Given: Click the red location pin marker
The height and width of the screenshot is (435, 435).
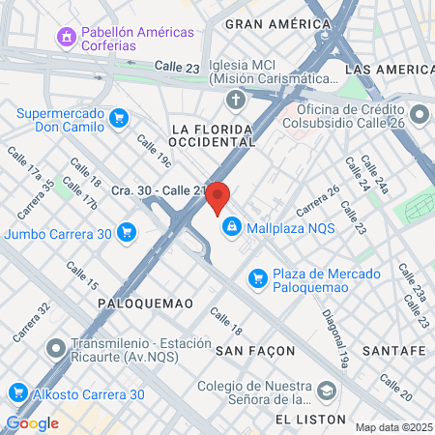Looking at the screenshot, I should [217, 198].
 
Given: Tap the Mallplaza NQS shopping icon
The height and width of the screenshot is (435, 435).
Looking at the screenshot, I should [231, 227].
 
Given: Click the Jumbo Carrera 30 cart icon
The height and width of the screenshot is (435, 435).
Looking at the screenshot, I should [126, 232].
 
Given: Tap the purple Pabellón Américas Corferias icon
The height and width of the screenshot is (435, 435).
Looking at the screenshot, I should [67, 38].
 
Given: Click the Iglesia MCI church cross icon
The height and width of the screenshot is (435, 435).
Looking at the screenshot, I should [235, 100].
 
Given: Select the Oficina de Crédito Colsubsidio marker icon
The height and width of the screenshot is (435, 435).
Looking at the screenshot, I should [419, 116].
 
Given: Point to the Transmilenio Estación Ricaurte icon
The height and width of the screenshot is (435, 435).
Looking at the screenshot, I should [56, 346].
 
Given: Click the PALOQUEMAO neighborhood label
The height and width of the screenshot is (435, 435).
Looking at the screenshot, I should [146, 304].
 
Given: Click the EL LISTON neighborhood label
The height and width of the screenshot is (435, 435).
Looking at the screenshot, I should [308, 419].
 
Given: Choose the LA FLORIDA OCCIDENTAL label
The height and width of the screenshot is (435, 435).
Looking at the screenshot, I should [213, 134].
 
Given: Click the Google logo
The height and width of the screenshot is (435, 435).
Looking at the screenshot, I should [32, 422].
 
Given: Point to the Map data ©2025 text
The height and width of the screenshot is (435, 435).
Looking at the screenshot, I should [392, 427].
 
